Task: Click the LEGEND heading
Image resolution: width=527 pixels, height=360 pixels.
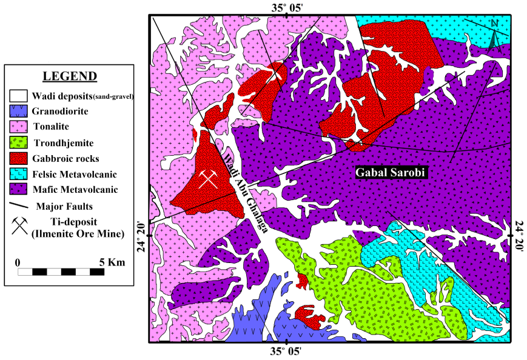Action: (x=69, y=76)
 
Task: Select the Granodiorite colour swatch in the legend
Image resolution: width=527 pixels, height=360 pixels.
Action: (x=19, y=112)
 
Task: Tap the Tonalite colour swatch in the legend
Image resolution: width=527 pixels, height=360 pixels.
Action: (x=19, y=127)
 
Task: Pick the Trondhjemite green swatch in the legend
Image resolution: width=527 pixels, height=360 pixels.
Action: (x=19, y=143)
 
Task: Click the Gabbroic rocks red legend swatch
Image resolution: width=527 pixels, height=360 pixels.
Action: (x=19, y=159)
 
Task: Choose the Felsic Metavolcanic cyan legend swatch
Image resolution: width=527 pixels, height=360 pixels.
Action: (x=19, y=175)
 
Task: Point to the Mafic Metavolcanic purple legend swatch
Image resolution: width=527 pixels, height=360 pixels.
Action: (x=19, y=190)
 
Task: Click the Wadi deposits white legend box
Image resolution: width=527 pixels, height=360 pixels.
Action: (x=19, y=96)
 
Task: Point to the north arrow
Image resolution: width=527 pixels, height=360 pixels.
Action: (x=494, y=33)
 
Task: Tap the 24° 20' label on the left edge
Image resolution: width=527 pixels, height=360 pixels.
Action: (x=142, y=238)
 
